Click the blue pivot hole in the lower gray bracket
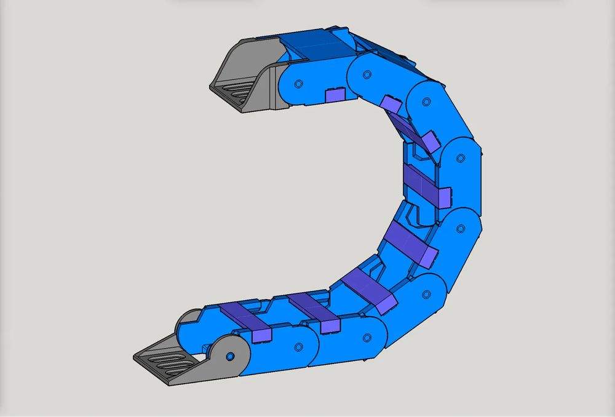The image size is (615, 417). pos(229,357)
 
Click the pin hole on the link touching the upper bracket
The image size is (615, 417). pos(298,83)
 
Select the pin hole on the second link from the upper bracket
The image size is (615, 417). pos(367,74)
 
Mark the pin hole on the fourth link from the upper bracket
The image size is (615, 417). pos(459,158)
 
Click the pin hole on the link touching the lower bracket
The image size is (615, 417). pos(298,347)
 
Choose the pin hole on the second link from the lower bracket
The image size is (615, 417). pos(367,338)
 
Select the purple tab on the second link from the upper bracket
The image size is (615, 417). pos(390,103)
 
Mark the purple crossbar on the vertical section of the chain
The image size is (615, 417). pos(424,185)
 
